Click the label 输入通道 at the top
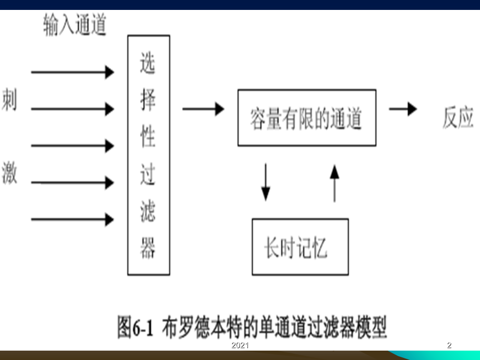pos(75,25)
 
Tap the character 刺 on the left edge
pos(9,99)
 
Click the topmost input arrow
pos(73,72)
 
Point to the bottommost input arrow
pos(73,220)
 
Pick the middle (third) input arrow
pos(73,146)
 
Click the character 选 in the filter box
pos(148,63)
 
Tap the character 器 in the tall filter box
pos(148,247)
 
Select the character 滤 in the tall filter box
pos(148,211)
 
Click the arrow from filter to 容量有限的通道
pos(203,109)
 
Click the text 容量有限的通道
pos(306,119)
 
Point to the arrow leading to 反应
pos(403,109)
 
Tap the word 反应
pos(458,117)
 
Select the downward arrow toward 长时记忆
pos(266,183)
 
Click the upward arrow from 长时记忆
pos(334,183)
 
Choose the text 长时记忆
pos(296,248)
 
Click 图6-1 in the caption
pos(135,327)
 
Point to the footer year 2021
pos(240,345)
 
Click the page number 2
pos(449,345)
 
